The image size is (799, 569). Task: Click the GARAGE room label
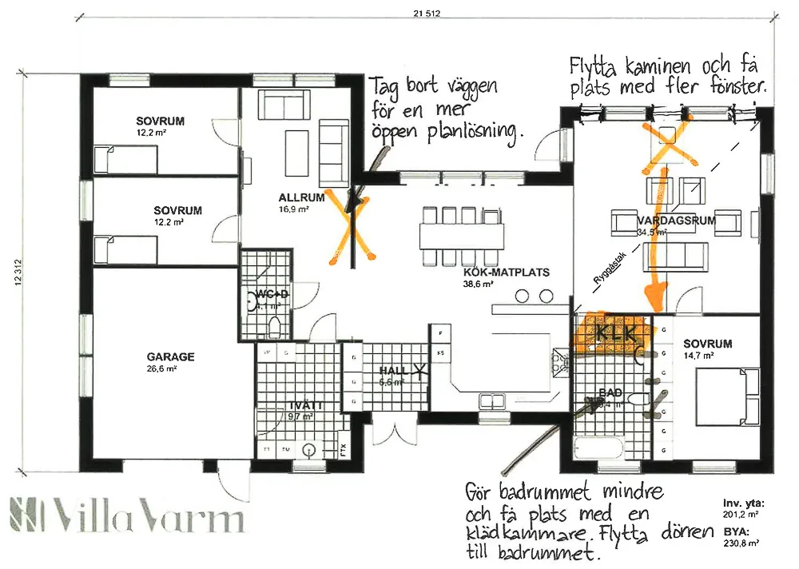pos(170,357)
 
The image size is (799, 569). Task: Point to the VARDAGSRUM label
pos(675,220)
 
